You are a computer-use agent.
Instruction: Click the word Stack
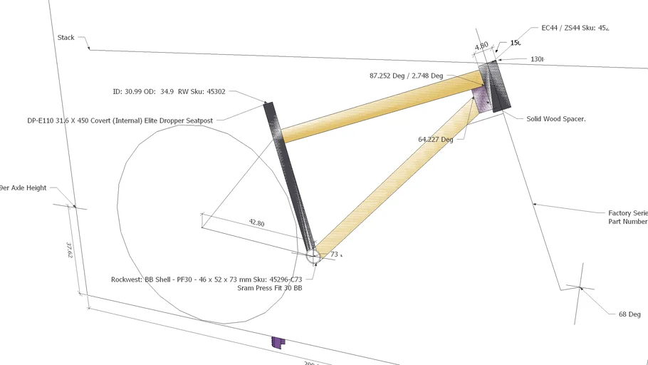[66, 38]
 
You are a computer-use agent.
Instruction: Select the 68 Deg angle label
[629, 314]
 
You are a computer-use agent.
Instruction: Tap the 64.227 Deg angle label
[435, 140]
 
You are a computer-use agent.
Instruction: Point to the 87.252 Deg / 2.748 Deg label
[406, 76]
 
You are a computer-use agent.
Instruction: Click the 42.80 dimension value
[256, 223]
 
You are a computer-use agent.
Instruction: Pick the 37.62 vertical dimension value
[70, 250]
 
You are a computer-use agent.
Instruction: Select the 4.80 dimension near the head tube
[481, 46]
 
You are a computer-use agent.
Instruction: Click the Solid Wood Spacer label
[555, 119]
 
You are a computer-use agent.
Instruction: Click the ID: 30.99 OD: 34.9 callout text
[169, 92]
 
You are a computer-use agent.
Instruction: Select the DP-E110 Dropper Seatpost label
[120, 120]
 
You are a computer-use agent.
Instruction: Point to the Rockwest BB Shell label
[207, 279]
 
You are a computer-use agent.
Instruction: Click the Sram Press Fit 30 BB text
[269, 289]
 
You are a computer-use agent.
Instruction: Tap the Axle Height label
[23, 188]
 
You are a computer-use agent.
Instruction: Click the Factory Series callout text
[627, 213]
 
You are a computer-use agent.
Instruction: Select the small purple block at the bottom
[278, 343]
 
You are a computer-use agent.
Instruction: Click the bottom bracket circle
[313, 255]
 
